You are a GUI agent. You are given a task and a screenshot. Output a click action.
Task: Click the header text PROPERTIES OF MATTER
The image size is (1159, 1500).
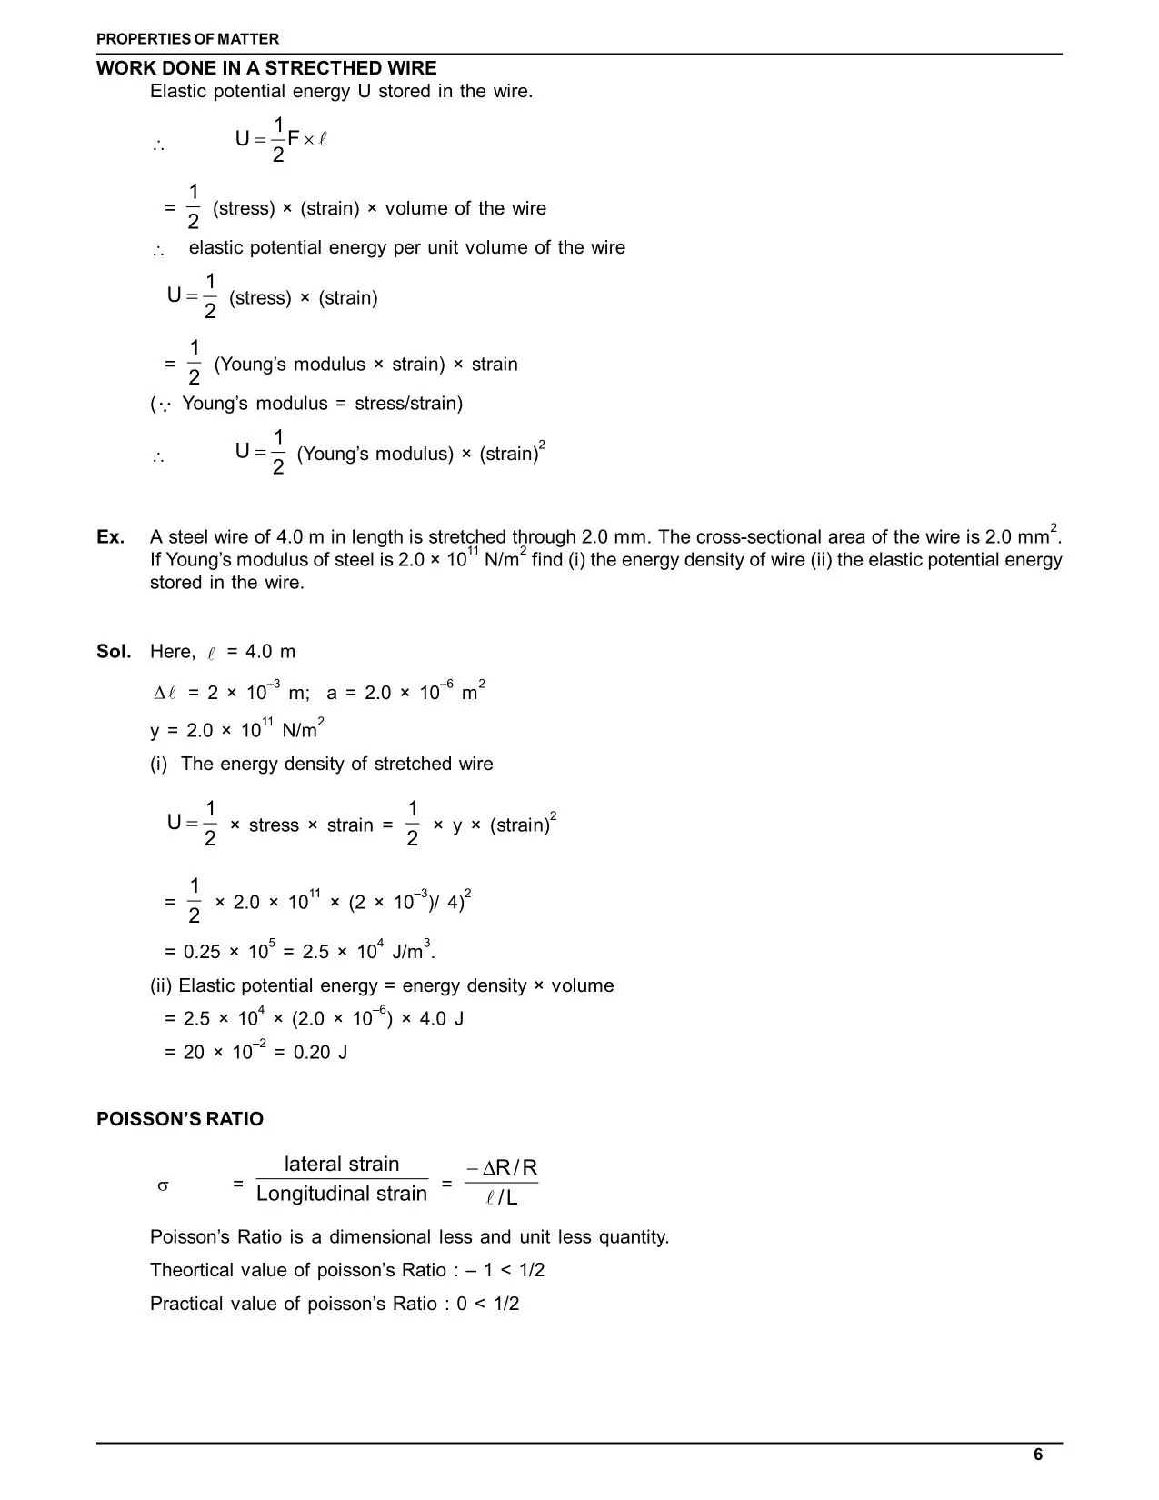pos(188,39)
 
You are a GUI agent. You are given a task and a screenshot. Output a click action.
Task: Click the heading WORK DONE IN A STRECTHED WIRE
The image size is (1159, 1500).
pos(266,68)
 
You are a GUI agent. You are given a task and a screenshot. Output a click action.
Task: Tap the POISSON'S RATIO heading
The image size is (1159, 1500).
pos(180,1119)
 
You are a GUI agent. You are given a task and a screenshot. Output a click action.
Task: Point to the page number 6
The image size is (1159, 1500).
pos(1038,1455)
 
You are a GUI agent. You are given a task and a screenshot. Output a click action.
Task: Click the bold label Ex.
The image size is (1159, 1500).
pos(110,537)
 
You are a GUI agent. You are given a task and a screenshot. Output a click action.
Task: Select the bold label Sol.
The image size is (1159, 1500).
pos(114,652)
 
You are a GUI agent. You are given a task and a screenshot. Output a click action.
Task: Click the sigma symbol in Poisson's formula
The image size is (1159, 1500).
pos(163,1185)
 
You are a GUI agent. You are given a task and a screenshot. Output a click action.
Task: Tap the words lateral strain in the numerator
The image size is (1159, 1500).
pos(342,1165)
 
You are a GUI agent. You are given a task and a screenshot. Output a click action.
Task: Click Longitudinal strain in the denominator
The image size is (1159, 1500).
pos(342,1194)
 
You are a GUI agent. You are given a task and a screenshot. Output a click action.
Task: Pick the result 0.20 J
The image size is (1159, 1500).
pos(320,1053)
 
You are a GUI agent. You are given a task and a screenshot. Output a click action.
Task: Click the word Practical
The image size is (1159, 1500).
pos(185,1304)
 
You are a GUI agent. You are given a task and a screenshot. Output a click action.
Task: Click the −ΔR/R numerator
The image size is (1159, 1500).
pos(502,1167)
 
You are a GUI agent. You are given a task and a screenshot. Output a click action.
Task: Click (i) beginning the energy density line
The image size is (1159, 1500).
pos(159,764)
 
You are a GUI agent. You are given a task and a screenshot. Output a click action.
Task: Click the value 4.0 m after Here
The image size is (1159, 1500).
pos(270,652)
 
